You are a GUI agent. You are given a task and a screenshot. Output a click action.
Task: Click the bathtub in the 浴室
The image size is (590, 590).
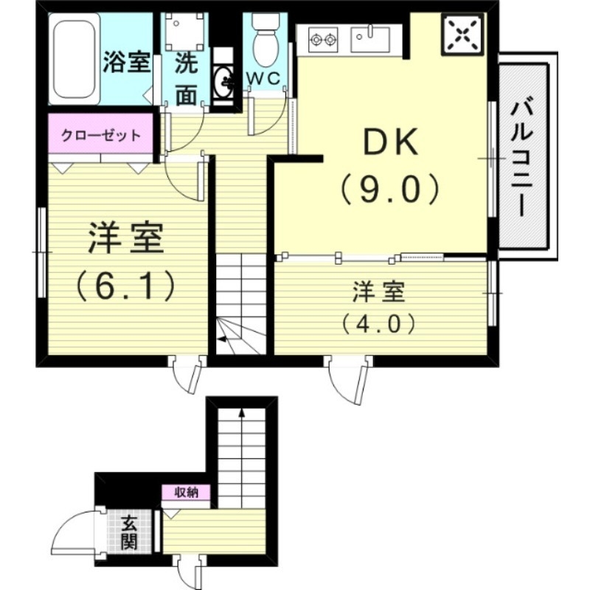(74, 59)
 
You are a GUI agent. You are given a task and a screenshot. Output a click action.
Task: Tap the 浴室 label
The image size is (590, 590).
(126, 62)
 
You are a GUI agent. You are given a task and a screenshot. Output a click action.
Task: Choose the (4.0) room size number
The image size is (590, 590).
(379, 322)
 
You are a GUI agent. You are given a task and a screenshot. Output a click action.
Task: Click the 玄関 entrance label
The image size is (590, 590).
(129, 532)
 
